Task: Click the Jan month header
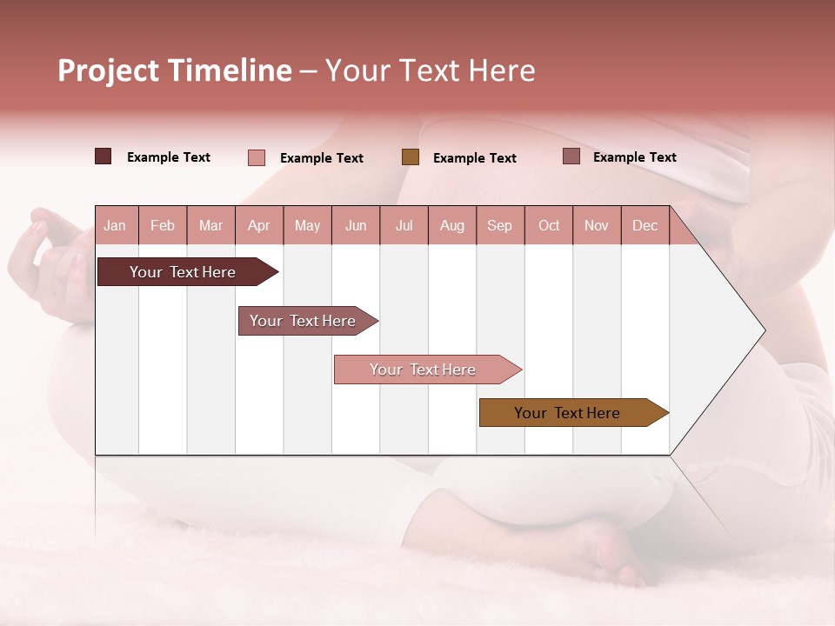pos(115,226)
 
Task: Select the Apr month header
pos(259,226)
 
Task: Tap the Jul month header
pos(404,226)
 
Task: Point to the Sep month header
pos(499,226)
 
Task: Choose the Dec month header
pos(645,226)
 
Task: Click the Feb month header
pos(163,226)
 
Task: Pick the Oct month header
pos(549,226)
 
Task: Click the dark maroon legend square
pos(103,156)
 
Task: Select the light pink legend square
pos(257,157)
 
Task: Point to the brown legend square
pos(411,156)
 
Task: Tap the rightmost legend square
pos(571,156)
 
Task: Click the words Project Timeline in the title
pos(174,70)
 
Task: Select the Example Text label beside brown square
pos(474,157)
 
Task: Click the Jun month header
pos(356,226)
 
